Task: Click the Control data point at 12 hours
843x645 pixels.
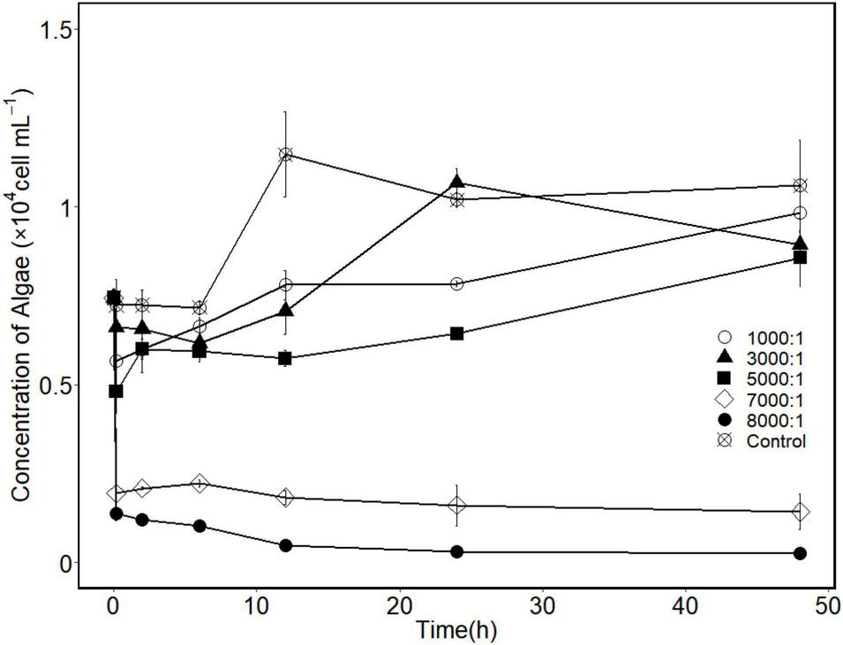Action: (x=285, y=154)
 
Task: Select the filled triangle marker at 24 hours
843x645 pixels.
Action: (x=456, y=183)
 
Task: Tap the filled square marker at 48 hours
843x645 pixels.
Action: (x=800, y=258)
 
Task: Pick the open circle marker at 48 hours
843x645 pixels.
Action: (x=800, y=213)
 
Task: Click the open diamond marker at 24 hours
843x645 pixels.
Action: (x=456, y=506)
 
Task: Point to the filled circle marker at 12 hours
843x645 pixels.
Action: (x=285, y=545)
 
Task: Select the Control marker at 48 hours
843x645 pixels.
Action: (x=800, y=185)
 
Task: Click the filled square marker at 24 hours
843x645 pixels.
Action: (x=456, y=334)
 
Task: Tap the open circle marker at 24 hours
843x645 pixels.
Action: (x=456, y=283)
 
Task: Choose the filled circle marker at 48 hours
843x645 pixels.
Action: (x=800, y=553)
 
